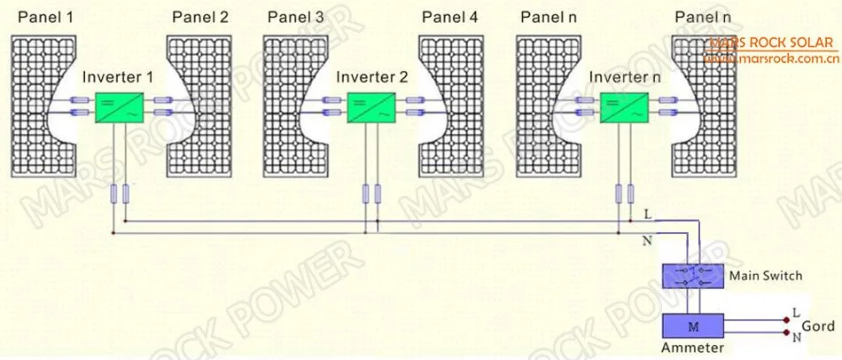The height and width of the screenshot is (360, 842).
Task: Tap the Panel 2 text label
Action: pos(200,17)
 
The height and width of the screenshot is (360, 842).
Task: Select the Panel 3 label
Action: pos(295,17)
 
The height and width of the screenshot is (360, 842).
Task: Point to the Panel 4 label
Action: pos(450,17)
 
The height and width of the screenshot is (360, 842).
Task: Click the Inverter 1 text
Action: pos(118,77)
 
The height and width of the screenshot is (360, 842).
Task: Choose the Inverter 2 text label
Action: pos(372,77)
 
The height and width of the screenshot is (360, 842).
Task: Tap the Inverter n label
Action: pos(625,77)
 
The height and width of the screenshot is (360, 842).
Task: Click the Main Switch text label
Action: pos(765,276)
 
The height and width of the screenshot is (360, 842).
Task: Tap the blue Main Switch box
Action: pos(692,276)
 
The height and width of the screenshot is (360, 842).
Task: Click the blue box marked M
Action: pos(692,325)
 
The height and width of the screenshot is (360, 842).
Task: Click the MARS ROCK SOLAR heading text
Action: pos(770,43)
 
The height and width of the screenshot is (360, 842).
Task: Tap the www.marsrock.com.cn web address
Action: pos(770,59)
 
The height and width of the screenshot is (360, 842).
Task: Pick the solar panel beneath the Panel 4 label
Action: pos(452,106)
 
